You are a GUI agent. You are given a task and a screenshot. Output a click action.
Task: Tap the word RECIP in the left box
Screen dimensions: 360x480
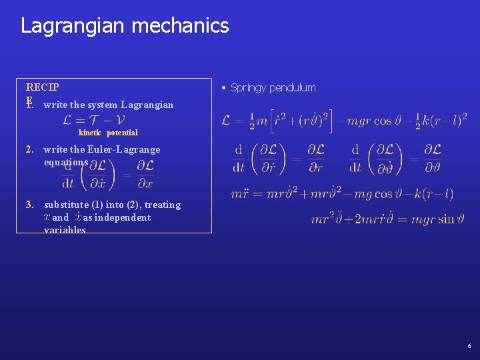click(42, 87)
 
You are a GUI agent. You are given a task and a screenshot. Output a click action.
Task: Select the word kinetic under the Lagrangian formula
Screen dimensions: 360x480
click(90, 133)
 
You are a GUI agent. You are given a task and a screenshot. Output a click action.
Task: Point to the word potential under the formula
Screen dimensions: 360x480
click(122, 133)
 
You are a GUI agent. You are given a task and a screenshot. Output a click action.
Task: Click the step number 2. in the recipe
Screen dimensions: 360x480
click(30, 149)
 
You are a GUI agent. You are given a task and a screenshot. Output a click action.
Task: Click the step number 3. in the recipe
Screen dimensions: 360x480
click(30, 205)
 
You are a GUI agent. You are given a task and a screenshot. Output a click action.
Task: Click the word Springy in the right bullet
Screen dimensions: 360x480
click(248, 87)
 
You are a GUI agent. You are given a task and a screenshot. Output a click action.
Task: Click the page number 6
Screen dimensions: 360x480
click(469, 346)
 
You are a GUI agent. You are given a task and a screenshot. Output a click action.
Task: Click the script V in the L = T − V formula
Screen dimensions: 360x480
click(119, 120)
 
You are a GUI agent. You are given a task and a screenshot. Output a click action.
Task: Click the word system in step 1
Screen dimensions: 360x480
click(103, 104)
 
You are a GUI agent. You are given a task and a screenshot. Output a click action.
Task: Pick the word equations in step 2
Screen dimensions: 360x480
click(65, 162)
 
